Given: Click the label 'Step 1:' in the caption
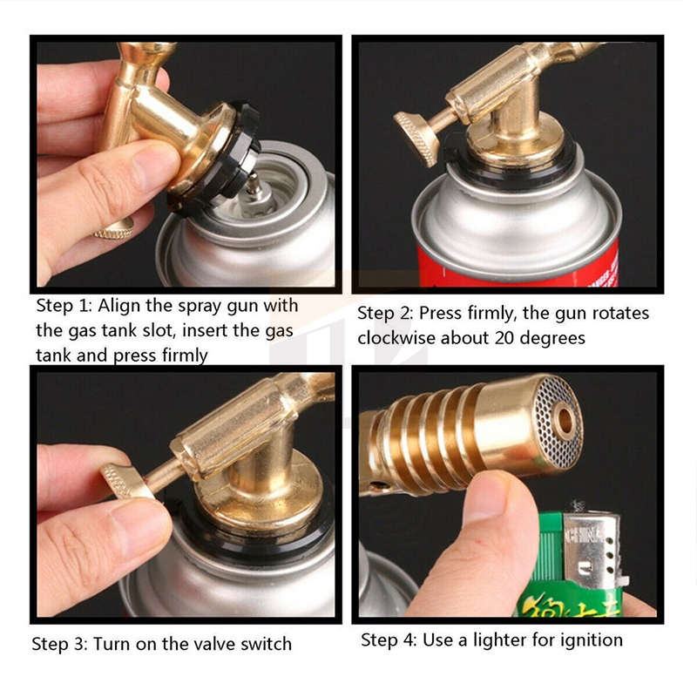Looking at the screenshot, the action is pyautogui.click(x=65, y=306).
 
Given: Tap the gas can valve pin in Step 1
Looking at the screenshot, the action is pyautogui.click(x=254, y=185).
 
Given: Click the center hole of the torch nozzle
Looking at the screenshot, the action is pyautogui.click(x=565, y=420).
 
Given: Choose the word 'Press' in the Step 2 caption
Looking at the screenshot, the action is pyautogui.click(x=439, y=314).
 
